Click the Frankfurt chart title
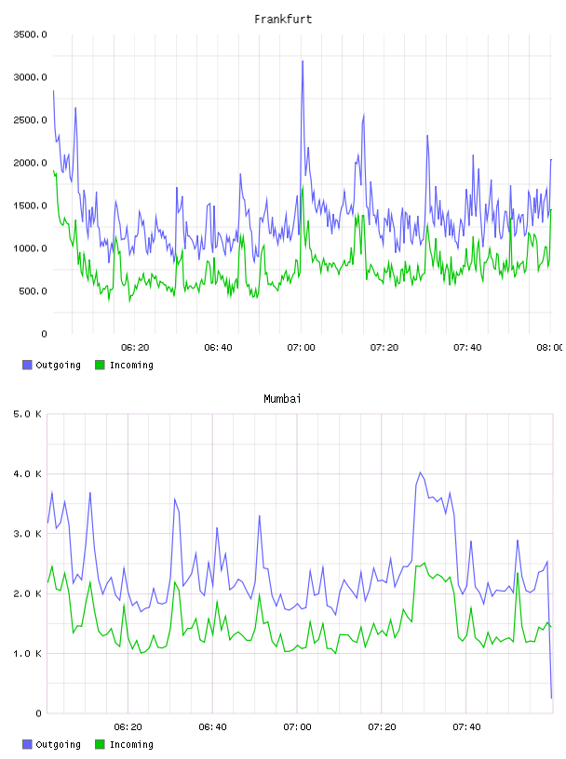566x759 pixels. point(283,20)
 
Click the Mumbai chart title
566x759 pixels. point(282,399)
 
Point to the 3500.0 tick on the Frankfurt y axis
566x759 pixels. point(30,34)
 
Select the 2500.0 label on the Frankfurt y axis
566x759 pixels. point(30,120)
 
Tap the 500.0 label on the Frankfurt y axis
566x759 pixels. point(33,291)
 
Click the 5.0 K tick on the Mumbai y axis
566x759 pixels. point(27,414)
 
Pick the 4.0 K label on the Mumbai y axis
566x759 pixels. point(27,473)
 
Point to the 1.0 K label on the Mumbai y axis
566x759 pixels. point(27,654)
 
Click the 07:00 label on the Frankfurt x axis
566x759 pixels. point(301,347)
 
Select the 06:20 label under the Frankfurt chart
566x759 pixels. point(135,347)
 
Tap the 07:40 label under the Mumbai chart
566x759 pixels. point(466,726)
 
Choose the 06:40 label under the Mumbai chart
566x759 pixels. point(213,726)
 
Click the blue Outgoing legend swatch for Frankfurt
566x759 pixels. point(27,365)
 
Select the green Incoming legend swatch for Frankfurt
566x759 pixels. point(100,365)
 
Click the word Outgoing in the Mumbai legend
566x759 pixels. point(58,744)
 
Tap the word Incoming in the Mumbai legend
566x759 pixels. point(131,744)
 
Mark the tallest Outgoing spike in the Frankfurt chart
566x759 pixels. point(303,61)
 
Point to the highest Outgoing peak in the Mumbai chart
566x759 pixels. point(420,473)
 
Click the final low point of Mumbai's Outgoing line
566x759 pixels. point(551,698)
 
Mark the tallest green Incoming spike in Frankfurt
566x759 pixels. point(303,186)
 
